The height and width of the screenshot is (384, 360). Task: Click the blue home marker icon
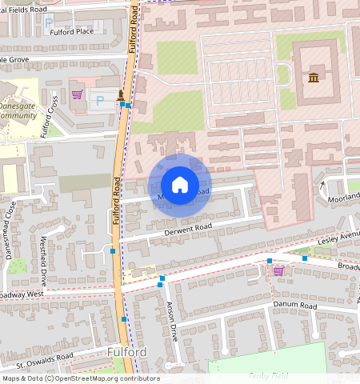tap(180, 184)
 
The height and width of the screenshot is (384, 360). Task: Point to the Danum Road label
tap(295, 306)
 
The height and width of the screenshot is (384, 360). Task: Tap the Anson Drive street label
tap(170, 320)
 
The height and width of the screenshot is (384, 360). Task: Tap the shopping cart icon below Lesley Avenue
tap(278, 271)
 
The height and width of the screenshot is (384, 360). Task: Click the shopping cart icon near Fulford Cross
tap(77, 94)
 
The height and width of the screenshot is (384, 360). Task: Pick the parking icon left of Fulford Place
tap(49, 24)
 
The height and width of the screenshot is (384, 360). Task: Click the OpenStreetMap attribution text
tap(81, 378)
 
